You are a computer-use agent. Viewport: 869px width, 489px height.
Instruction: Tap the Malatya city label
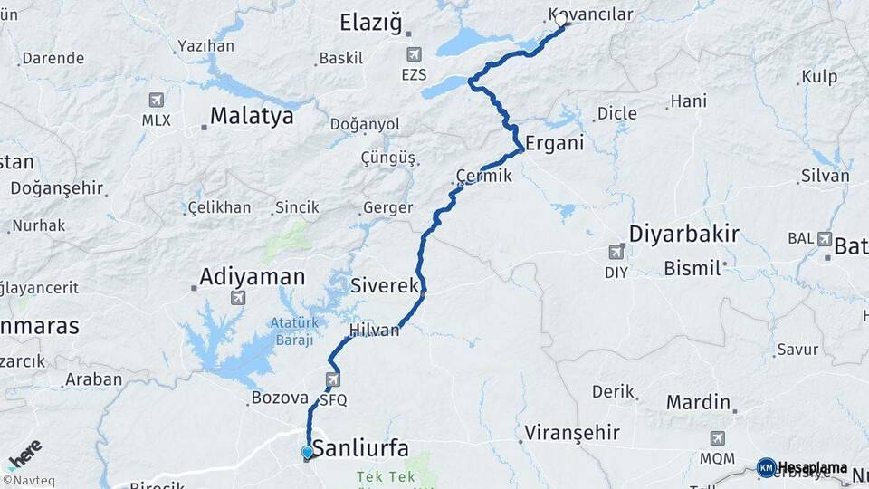click(x=252, y=117)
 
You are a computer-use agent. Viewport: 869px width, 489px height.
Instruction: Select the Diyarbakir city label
click(x=683, y=235)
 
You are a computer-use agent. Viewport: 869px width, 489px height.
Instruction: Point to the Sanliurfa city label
click(x=360, y=448)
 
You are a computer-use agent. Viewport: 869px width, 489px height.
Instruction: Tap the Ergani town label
click(x=554, y=143)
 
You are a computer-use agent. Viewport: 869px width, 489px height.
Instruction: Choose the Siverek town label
click(x=384, y=284)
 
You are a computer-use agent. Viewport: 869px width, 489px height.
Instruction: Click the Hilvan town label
click(x=373, y=331)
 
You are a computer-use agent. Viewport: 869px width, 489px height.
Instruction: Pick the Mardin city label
click(x=698, y=401)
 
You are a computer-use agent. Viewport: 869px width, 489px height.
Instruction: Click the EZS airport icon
click(x=414, y=54)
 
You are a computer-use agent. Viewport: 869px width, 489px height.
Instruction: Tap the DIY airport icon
click(x=616, y=252)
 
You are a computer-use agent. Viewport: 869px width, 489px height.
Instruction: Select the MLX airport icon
click(x=156, y=100)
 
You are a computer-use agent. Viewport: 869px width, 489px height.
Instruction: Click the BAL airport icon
click(x=824, y=239)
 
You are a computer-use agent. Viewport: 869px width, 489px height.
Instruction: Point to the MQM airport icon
click(x=718, y=438)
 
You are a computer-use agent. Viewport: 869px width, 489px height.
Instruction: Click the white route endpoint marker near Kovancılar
click(x=561, y=19)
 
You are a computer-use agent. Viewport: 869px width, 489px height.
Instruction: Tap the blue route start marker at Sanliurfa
click(x=308, y=452)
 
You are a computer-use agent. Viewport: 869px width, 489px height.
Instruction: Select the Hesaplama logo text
click(x=812, y=468)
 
